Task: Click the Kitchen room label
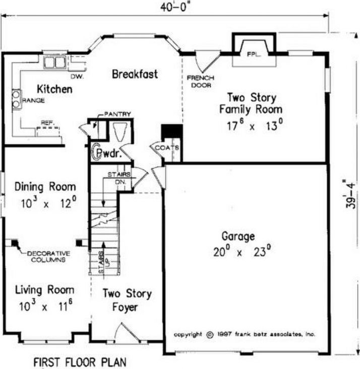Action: click(54, 89)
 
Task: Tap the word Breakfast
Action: click(135, 74)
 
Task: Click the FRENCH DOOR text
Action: click(201, 82)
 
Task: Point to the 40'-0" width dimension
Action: click(175, 7)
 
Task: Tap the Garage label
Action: click(238, 236)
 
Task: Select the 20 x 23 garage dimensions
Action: click(242, 251)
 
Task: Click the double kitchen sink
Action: click(54, 63)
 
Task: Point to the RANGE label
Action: click(33, 100)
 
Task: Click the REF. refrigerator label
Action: click(48, 122)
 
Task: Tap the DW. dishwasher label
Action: click(77, 77)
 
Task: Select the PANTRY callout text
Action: click(117, 114)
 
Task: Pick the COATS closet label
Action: click(167, 148)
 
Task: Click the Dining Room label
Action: click(45, 187)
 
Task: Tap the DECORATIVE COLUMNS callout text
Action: click(48, 257)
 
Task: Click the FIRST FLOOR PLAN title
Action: click(80, 362)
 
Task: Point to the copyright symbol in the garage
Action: click(210, 335)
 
